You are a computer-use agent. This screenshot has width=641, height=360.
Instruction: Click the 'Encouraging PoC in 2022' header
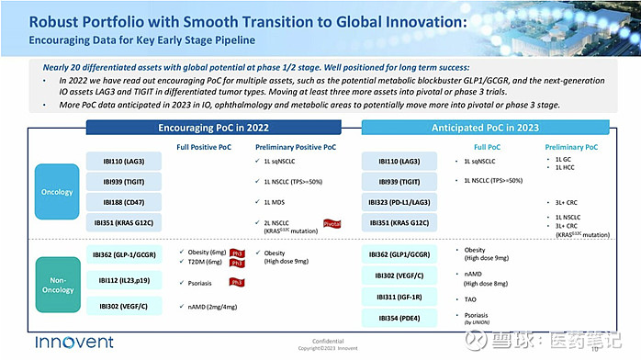213,129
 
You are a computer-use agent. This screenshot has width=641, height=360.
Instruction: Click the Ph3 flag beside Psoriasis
236,282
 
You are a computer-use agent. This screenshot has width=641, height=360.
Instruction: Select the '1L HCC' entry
567,168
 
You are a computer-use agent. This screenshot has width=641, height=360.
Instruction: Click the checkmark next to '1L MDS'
254,201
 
